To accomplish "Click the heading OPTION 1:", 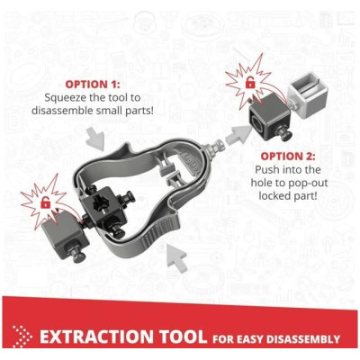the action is pos(93,85).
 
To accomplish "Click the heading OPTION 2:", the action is pos(288,156).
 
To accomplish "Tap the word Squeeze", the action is pos(64,98).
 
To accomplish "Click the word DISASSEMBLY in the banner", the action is pos(303,339).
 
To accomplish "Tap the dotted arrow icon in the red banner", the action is pos(22,337).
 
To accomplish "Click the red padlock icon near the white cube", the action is pos(249,83).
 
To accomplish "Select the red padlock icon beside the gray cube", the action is pos(45,202).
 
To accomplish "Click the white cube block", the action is pos(307,93).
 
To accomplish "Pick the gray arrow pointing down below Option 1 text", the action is pos(95,139).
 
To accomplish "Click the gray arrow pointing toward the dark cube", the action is pos(238,134).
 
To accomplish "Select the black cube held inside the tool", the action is pos(105,210).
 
